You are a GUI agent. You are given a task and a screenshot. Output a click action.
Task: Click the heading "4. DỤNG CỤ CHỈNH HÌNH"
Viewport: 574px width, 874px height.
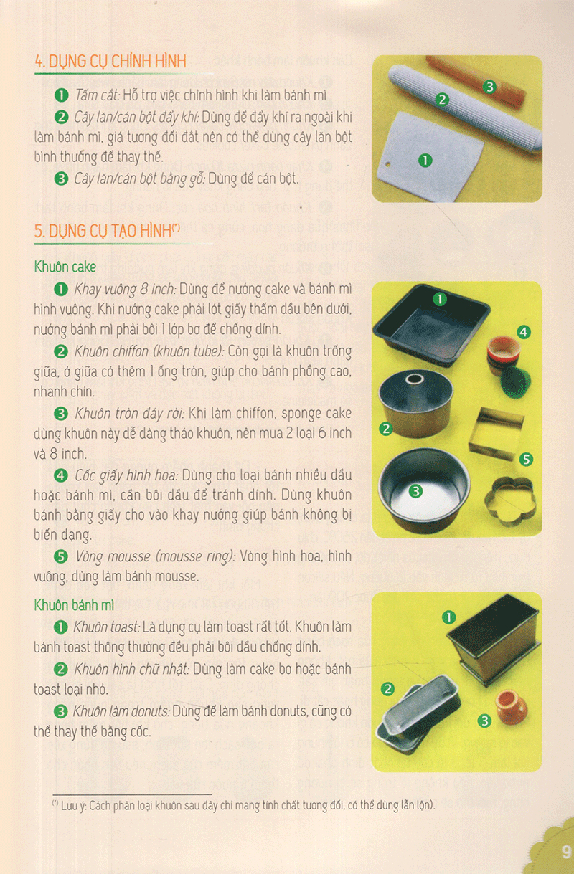110,62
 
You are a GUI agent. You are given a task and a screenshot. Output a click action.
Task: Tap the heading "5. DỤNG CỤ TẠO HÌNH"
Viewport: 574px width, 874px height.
107,231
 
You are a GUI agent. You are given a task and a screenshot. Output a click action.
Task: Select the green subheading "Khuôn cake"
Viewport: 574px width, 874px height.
65,267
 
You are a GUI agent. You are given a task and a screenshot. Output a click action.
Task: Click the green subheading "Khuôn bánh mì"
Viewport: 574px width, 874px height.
74,605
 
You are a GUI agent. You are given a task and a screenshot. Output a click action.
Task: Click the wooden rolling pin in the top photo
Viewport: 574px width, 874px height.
474,82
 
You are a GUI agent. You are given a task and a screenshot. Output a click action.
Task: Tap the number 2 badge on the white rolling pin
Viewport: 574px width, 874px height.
442,100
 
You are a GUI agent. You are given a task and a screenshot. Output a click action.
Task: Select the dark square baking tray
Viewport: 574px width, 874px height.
431,324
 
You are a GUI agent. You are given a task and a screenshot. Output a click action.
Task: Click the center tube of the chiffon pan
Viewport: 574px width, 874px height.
415,379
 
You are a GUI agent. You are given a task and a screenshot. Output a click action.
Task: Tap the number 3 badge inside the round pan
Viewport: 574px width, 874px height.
415,491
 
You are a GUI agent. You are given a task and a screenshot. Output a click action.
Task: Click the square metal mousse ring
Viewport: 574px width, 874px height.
497,432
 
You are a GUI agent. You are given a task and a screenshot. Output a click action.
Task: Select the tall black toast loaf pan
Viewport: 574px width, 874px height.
494,640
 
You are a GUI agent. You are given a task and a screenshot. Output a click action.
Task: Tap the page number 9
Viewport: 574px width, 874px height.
565,852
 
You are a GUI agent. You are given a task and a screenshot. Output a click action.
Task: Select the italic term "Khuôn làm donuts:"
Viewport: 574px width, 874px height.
121,711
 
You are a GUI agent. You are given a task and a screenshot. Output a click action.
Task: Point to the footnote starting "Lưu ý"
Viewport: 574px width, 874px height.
244,805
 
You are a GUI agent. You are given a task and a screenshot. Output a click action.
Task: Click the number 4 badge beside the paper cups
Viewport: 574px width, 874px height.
524,332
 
